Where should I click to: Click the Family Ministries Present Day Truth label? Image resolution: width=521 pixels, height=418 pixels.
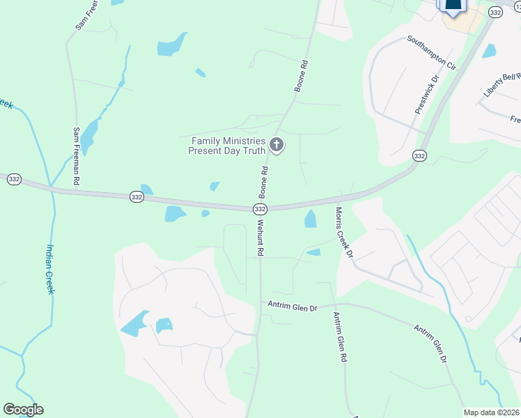coord(228,146)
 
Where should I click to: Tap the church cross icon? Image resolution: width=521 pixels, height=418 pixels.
coord(277,145)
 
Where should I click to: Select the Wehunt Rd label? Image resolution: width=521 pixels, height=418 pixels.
coord(260,239)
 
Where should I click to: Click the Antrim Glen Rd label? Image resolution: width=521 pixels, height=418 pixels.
coord(340,338)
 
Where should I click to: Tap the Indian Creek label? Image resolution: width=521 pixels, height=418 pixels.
coord(49,269)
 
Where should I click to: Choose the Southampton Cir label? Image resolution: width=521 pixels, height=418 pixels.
coord(431,53)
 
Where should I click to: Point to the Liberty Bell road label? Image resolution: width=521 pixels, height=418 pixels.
coord(501,85)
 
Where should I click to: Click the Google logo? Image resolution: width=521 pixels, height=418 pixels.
coord(23,410)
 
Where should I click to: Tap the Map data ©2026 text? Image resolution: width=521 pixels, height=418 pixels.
coord(492,412)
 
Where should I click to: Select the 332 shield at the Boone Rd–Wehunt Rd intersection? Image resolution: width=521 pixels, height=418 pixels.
coord(259,209)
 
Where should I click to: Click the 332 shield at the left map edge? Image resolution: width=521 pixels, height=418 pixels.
coord(14,180)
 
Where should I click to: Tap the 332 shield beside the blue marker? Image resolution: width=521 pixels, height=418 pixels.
coord(495,13)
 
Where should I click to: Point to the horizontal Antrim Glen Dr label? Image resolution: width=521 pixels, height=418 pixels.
coord(293,307)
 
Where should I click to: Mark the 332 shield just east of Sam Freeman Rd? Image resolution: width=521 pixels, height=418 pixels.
coord(137,198)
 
